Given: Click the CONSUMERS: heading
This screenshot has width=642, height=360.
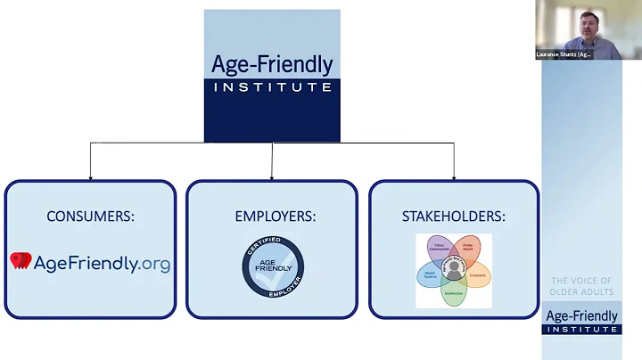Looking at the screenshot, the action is pyautogui.click(x=89, y=216).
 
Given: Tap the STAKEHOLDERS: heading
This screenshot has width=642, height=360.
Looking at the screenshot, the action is pyautogui.click(x=454, y=216).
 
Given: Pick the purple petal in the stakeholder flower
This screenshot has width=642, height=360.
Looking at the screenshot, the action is pyautogui.click(x=440, y=248).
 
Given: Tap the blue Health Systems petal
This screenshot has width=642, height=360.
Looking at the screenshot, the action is pyautogui.click(x=430, y=273).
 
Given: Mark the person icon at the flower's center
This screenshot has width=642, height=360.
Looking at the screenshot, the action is pyautogui.click(x=454, y=269).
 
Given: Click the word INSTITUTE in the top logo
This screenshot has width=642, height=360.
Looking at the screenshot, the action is pyautogui.click(x=272, y=87).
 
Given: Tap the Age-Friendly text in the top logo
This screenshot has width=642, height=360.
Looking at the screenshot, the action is pyautogui.click(x=272, y=65).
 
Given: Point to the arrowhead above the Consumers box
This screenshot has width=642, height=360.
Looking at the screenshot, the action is pyautogui.click(x=90, y=176).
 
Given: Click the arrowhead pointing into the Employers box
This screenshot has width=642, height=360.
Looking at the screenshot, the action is pyautogui.click(x=272, y=176).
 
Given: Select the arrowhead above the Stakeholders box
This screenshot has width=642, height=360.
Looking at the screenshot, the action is pyautogui.click(x=454, y=176).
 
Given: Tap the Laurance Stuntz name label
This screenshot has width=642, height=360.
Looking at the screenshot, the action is pyautogui.click(x=565, y=54).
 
